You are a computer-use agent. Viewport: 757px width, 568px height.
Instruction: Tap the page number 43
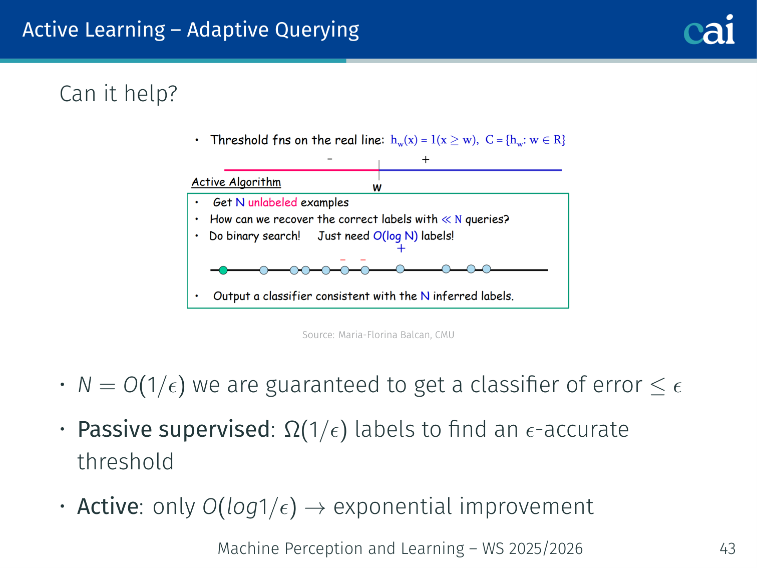[x=727, y=548]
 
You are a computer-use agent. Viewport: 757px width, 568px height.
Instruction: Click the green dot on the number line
[x=223, y=270]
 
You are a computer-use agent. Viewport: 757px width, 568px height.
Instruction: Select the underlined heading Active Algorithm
[x=236, y=182]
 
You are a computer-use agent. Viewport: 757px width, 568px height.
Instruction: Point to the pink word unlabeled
[x=272, y=202]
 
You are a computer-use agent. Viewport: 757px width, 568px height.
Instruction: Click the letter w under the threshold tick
[x=377, y=188]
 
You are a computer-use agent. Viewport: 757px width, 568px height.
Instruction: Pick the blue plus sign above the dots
[x=401, y=248]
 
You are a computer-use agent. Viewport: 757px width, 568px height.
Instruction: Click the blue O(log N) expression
[x=395, y=236]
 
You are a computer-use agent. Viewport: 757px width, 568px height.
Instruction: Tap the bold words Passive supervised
[x=173, y=430]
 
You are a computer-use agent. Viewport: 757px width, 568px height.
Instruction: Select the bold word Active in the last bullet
[x=108, y=506]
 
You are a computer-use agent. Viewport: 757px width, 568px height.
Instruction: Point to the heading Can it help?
[x=118, y=94]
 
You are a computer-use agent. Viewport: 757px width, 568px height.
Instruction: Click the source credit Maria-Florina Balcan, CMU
[x=396, y=335]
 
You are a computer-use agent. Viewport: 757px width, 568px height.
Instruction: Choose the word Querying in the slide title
[x=317, y=31]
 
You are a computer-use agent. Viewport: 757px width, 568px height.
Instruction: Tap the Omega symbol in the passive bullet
[x=292, y=430]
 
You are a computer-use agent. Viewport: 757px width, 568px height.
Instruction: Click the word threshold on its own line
[x=126, y=462]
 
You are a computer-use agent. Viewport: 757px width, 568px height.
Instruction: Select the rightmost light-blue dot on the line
[x=486, y=269]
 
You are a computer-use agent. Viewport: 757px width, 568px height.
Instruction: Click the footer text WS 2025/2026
[x=533, y=548]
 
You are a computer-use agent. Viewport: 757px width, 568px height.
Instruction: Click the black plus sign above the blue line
[x=426, y=160]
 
